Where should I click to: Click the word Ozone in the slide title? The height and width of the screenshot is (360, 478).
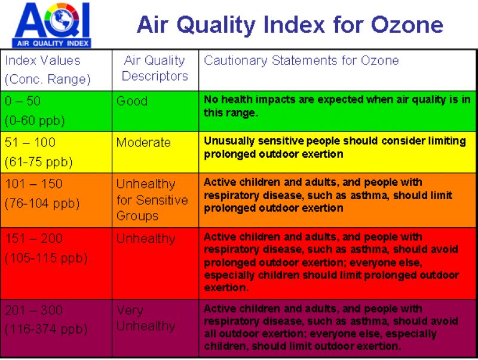pyautogui.click(x=407, y=25)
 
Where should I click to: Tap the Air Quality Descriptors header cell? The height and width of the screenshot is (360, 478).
pyautogui.click(x=154, y=68)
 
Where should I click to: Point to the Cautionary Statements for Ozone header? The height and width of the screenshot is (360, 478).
pyautogui.click(x=301, y=60)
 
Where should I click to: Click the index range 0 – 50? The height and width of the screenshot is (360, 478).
pyautogui.click(x=23, y=101)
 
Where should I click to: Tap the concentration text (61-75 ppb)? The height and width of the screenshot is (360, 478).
pyautogui.click(x=38, y=162)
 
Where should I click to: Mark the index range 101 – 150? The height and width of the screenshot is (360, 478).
pyautogui.click(x=33, y=184)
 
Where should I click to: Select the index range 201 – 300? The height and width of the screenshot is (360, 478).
pyautogui.click(x=33, y=310)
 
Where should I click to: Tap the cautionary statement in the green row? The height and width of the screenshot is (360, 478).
pyautogui.click(x=337, y=106)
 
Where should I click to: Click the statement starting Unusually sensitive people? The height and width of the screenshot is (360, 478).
pyautogui.click(x=335, y=147)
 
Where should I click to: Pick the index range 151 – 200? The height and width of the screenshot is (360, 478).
pyautogui.click(x=33, y=239)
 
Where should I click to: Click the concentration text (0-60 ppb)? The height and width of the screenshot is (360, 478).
pyautogui.click(x=35, y=120)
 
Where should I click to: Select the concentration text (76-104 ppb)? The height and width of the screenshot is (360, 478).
pyautogui.click(x=42, y=203)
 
